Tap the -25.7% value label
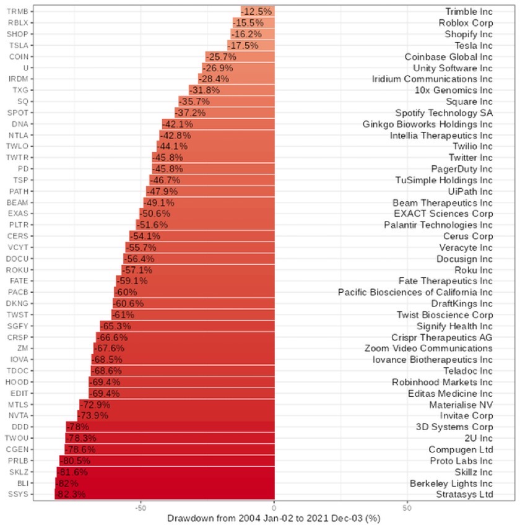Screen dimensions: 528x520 [x=220, y=56]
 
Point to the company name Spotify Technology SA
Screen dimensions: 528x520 [x=444, y=113]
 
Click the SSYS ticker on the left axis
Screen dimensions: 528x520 [x=17, y=494]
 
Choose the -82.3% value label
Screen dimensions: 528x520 [x=71, y=494]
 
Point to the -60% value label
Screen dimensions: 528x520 [x=126, y=292]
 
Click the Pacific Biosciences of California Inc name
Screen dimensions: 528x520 [x=415, y=292]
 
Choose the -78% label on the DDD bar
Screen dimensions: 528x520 [x=77, y=426]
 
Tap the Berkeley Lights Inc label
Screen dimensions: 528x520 [x=451, y=483]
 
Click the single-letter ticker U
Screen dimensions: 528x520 [x=25, y=67]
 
